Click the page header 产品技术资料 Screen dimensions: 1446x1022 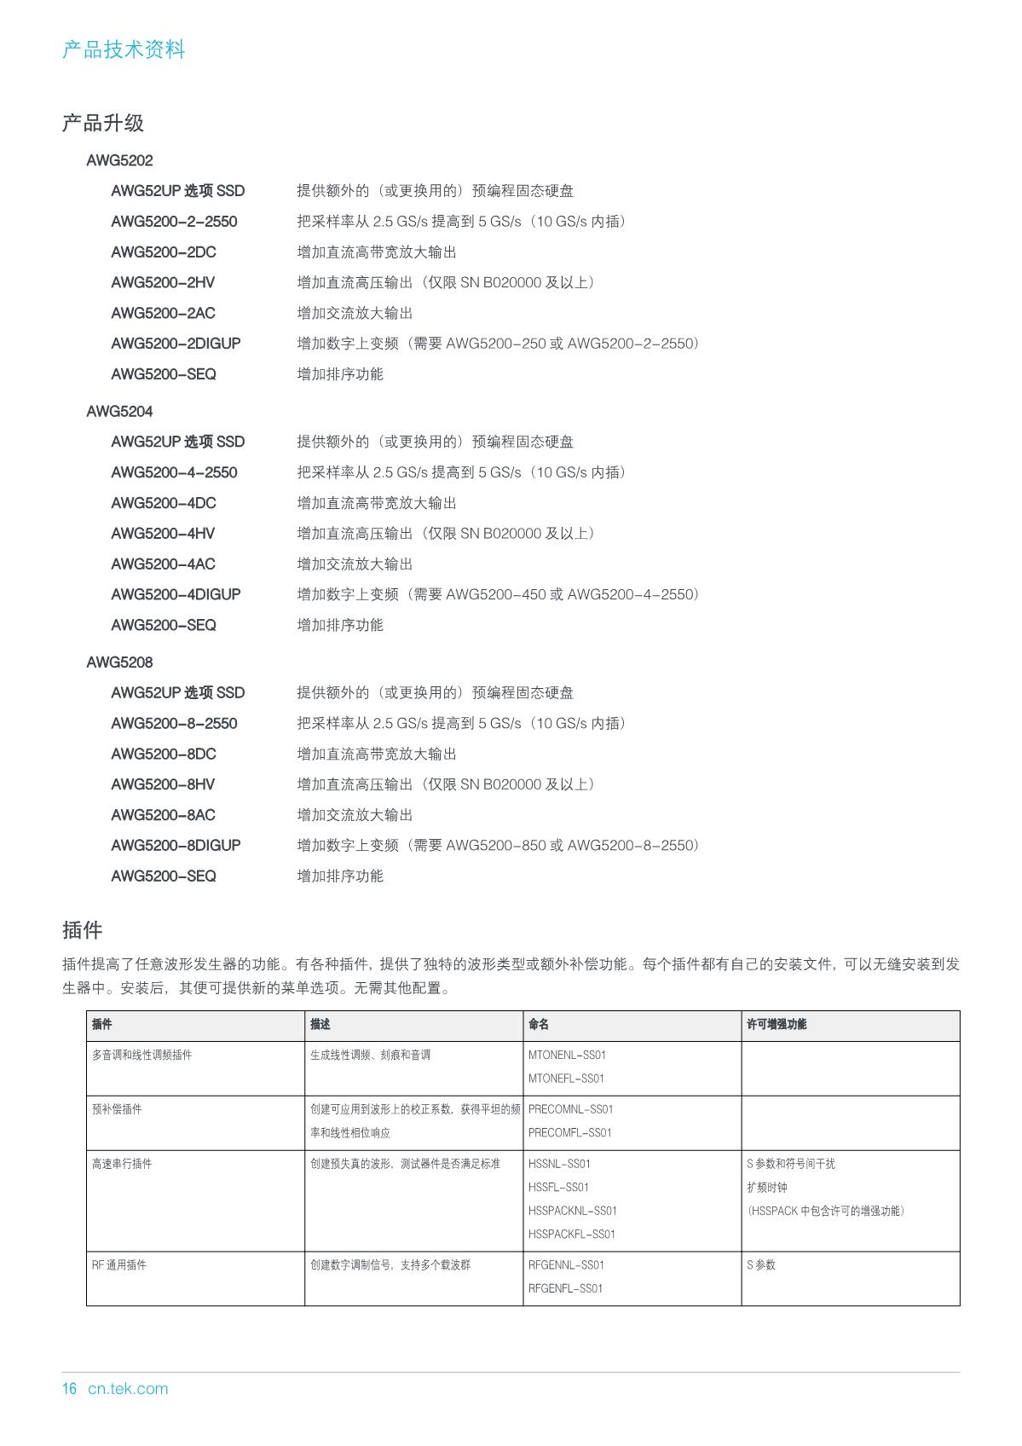click(124, 49)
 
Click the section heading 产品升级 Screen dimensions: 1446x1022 click(103, 123)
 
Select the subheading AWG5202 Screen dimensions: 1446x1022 click(119, 160)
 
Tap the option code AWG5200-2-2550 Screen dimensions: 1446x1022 click(174, 222)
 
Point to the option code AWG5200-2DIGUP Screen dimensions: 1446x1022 click(176, 344)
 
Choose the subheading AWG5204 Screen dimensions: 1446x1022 click(119, 411)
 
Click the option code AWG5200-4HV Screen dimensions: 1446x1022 click(163, 534)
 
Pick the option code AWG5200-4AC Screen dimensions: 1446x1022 click(163, 564)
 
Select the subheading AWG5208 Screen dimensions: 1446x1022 click(119, 662)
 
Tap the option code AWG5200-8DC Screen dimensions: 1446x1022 click(164, 754)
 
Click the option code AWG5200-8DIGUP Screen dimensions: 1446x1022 click(176, 846)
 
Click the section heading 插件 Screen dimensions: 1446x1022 click(82, 929)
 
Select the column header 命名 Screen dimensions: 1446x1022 click(539, 1025)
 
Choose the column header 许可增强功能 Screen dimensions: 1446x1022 click(776, 1025)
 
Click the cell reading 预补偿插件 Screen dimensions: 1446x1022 click(117, 1109)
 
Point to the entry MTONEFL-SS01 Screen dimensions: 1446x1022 click(566, 1079)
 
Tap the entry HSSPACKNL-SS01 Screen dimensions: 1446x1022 click(572, 1211)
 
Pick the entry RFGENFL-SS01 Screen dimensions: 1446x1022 click(565, 1288)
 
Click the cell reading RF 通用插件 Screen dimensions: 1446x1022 click(118, 1265)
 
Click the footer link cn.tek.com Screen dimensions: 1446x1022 click(128, 1388)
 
